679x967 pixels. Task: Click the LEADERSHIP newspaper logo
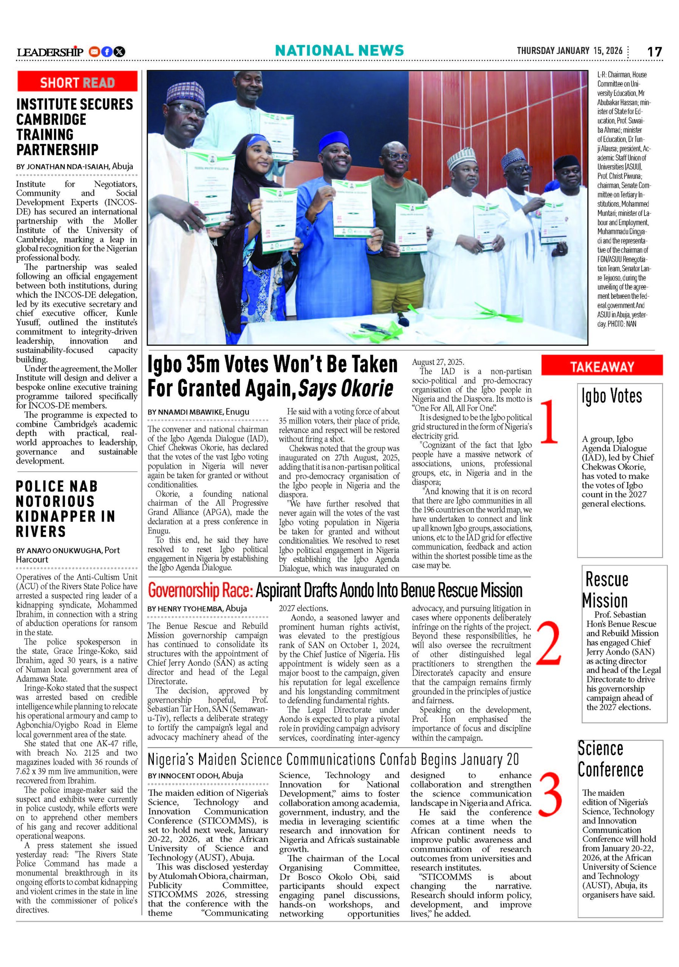50,52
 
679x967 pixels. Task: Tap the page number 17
654,51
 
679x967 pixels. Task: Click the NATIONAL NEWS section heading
339,51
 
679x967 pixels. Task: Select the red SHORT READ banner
77,82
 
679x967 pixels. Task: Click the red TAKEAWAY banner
602,366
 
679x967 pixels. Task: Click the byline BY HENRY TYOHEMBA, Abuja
197,608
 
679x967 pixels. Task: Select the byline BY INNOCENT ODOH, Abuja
195,775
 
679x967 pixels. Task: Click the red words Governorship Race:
200,590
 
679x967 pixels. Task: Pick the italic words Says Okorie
345,388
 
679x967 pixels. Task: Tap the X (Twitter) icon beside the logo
120,52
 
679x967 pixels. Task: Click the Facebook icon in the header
107,52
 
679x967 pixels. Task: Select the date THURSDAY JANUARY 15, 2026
569,51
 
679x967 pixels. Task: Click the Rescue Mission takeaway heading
606,590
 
